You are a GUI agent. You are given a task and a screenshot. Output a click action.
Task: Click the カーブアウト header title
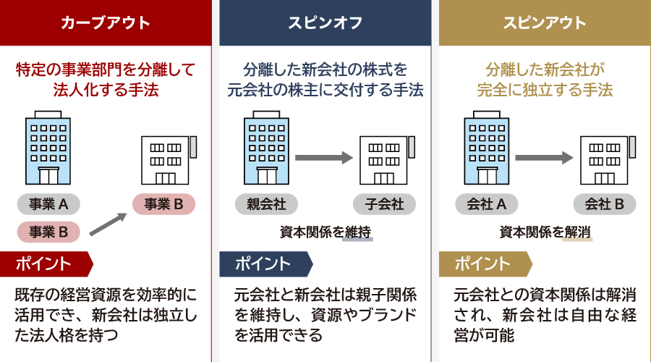(x=106, y=22)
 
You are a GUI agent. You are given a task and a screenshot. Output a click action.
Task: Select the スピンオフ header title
(x=325, y=22)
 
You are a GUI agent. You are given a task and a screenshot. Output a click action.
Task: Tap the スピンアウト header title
(x=545, y=22)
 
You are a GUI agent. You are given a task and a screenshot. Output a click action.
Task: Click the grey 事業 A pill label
(x=48, y=204)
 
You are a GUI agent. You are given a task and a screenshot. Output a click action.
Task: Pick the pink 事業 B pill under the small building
(x=163, y=204)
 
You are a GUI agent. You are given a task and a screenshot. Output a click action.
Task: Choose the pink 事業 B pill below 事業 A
(x=48, y=232)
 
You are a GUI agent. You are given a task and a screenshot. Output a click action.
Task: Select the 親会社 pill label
(x=266, y=204)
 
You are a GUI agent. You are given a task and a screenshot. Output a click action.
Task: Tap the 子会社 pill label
(x=384, y=204)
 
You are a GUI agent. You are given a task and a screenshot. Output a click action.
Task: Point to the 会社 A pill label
(x=485, y=204)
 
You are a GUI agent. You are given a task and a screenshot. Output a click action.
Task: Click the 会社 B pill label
(x=605, y=204)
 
